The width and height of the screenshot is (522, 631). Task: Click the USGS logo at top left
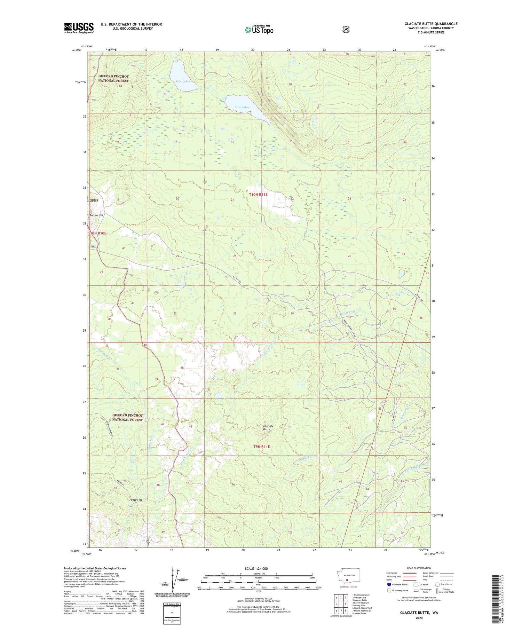tap(79, 28)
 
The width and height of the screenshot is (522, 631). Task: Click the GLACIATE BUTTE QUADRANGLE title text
tap(431, 24)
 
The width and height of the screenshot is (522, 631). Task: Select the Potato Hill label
tap(96, 215)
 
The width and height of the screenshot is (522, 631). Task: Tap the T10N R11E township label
tap(258, 195)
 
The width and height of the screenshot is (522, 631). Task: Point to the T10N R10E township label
tap(97, 233)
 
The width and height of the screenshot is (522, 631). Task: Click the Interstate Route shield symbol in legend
tap(389, 584)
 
